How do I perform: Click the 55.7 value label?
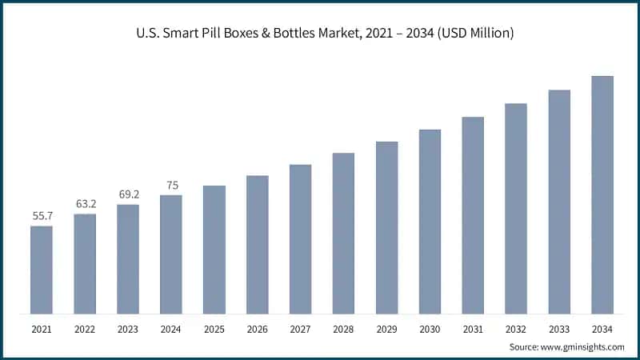pyautogui.click(x=42, y=216)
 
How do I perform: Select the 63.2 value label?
pyautogui.click(x=85, y=204)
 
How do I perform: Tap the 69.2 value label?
pyautogui.click(x=128, y=194)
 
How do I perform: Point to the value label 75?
pyautogui.click(x=171, y=185)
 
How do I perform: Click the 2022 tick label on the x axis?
pyautogui.click(x=85, y=328)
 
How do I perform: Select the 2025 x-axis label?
pyautogui.click(x=214, y=328)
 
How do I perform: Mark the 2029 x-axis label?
pyautogui.click(x=386, y=328)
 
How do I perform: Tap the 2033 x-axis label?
pyautogui.click(x=559, y=328)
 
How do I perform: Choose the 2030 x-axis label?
pyautogui.click(x=430, y=328)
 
